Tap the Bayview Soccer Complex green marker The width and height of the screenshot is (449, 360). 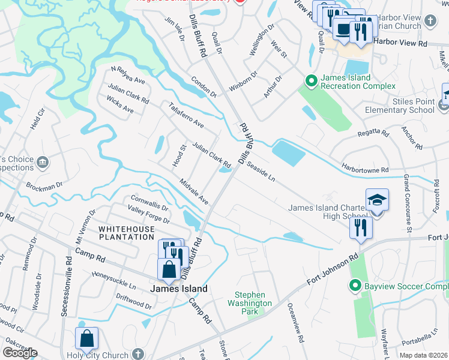coord(355,286)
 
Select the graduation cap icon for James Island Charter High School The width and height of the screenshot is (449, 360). coord(376,200)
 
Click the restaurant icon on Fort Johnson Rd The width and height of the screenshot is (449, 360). coord(361,228)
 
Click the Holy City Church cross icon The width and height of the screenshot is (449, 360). coord(139,355)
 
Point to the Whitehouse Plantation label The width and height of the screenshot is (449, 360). coord(127,233)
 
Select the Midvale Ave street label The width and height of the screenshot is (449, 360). coord(194,191)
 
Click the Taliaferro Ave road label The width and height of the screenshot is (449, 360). coord(186,116)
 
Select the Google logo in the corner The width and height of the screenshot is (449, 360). coord(20,353)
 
